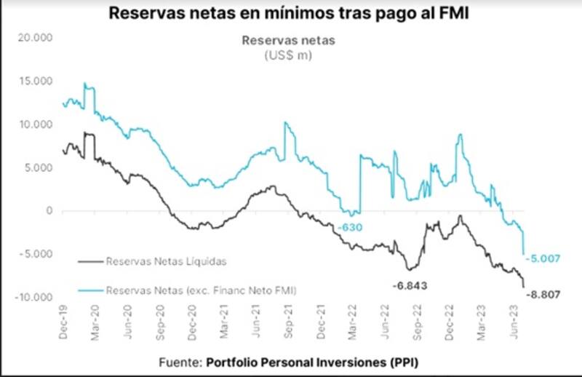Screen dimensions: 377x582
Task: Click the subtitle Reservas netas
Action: coord(289,41)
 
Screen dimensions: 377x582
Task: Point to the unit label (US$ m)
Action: coord(289,55)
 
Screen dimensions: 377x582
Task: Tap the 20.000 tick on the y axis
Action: coord(38,38)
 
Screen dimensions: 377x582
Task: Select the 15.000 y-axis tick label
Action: coord(38,81)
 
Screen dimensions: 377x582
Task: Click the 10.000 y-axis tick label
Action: coord(38,124)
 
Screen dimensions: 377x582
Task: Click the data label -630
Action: coord(349,227)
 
